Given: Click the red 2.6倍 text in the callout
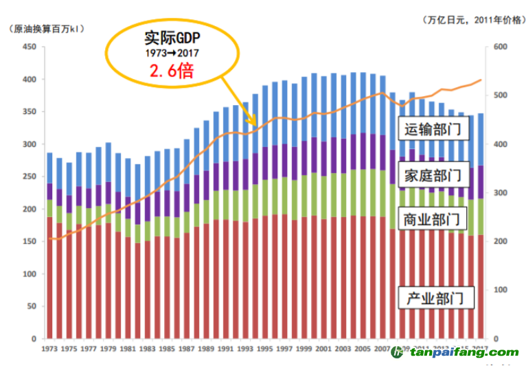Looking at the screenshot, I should click(172, 71).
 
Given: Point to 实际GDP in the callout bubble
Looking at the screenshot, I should click(172, 38).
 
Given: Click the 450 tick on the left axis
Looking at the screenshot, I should click(28, 47).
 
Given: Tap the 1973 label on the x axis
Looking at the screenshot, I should click(49, 349).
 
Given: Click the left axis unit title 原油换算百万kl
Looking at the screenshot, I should click(44, 28).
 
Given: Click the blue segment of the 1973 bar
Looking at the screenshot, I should click(49, 168).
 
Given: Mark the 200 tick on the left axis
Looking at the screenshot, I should click(28, 209).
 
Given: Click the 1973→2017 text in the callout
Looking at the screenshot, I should click(172, 53).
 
